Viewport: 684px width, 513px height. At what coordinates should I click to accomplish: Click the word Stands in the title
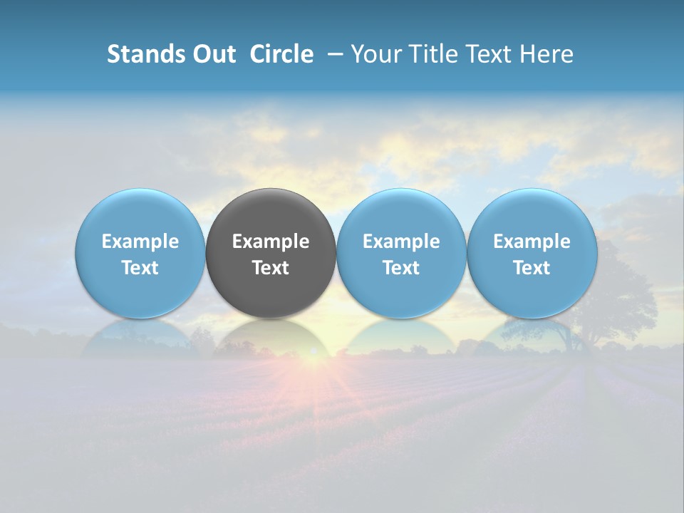click(145, 54)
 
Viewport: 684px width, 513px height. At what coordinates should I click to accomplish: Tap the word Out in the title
click(214, 54)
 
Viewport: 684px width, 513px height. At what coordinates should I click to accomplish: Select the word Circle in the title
click(281, 54)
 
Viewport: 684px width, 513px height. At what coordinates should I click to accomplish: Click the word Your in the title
click(375, 54)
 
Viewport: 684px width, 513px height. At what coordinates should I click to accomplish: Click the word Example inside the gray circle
click(271, 242)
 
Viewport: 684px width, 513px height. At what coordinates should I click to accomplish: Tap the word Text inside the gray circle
click(271, 268)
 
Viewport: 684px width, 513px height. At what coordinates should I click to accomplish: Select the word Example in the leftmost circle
click(140, 242)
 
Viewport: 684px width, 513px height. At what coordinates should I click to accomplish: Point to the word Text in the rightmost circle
click(532, 268)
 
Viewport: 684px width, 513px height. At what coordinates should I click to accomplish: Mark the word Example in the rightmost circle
click(532, 242)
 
